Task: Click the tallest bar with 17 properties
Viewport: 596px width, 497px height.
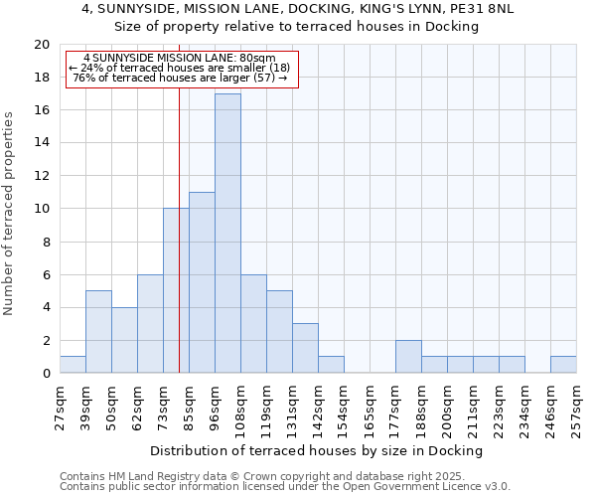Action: click(x=227, y=234)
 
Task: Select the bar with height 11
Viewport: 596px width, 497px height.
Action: click(x=202, y=282)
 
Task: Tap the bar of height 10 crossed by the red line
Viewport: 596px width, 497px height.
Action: click(x=176, y=290)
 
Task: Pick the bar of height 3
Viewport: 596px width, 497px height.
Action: click(x=305, y=348)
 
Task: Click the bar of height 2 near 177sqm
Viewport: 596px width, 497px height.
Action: click(x=408, y=356)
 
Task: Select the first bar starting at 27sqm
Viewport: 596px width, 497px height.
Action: click(x=73, y=365)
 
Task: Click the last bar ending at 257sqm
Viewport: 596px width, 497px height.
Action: click(x=563, y=365)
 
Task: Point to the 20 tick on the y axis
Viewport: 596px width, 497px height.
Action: click(x=41, y=45)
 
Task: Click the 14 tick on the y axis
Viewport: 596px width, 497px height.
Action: click(x=41, y=143)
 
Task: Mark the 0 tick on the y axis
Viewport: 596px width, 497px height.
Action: click(x=45, y=373)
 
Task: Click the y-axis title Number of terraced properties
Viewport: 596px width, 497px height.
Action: click(x=10, y=214)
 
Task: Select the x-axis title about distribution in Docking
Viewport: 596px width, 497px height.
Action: click(x=316, y=450)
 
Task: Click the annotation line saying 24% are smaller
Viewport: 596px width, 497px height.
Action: click(x=180, y=68)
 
